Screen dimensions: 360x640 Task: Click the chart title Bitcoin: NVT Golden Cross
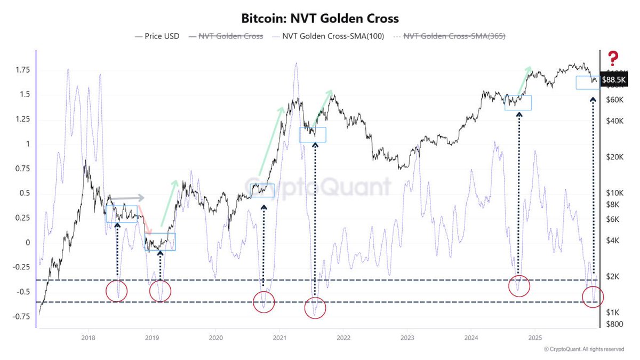(320, 19)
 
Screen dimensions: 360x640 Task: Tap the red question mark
(613, 58)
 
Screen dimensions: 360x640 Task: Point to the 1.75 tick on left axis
(22, 70)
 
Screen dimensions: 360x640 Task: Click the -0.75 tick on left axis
(21, 317)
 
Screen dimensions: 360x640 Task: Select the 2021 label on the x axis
(279, 337)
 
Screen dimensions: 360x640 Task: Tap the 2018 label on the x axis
(88, 337)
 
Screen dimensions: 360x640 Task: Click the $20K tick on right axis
(615, 157)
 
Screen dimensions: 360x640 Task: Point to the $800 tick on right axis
(615, 323)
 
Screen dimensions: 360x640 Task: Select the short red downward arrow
(148, 225)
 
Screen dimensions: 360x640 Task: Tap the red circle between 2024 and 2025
(518, 286)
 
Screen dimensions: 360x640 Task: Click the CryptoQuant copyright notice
(583, 349)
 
